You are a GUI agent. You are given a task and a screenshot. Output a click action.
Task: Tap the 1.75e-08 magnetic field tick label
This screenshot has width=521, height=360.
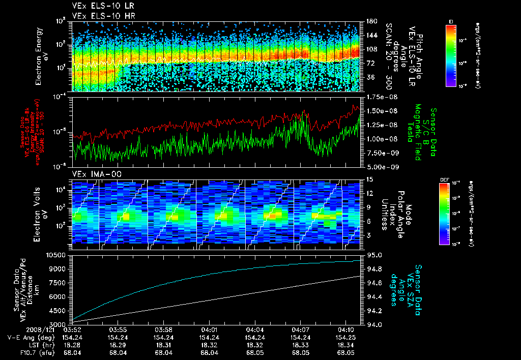click(x=381, y=97)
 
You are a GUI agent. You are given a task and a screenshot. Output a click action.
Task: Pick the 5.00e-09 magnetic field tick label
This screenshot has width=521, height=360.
click(x=381, y=166)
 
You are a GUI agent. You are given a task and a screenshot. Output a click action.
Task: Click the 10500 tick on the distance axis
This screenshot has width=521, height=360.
click(x=57, y=254)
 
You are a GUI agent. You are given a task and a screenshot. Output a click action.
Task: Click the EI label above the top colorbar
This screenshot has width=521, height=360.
click(x=451, y=21)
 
